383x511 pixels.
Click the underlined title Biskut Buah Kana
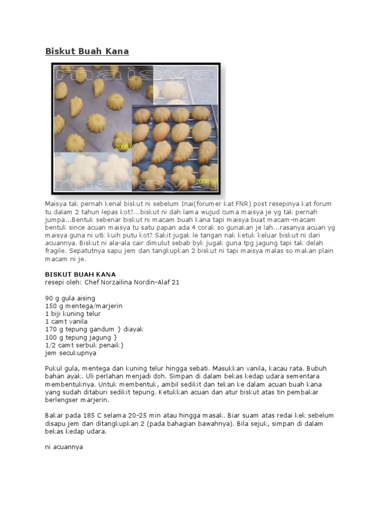[x=87, y=51]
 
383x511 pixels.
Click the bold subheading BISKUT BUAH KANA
[x=80, y=274]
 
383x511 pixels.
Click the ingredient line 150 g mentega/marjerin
[x=83, y=306]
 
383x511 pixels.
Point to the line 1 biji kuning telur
[x=72, y=314]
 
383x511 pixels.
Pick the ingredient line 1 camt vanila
[x=66, y=322]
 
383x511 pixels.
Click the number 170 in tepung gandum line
[x=50, y=329]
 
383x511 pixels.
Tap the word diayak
[x=134, y=329]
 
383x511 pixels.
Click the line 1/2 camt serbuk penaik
[x=84, y=345]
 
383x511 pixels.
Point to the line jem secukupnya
[x=70, y=353]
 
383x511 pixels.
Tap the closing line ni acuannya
[x=64, y=447]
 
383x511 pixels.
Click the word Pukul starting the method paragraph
[x=53, y=368]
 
